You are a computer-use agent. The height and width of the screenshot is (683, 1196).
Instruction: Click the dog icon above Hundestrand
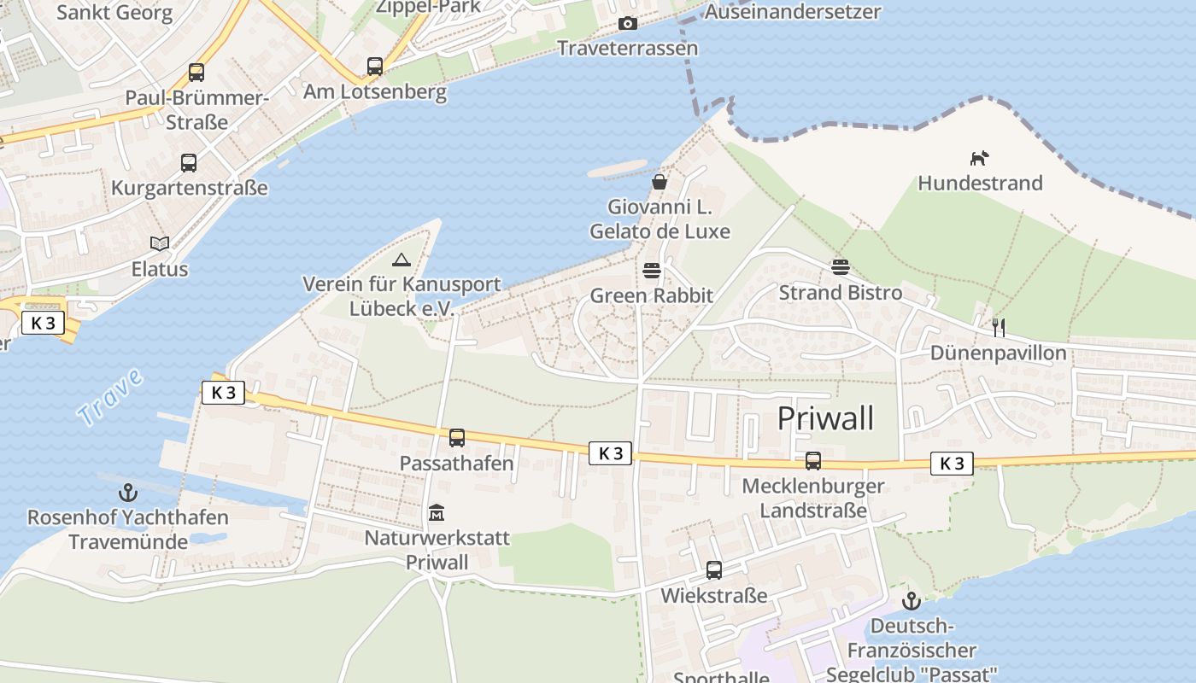click(x=979, y=158)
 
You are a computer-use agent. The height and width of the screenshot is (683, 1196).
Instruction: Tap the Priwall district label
click(x=825, y=418)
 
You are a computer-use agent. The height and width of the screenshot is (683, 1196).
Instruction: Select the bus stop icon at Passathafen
click(x=457, y=438)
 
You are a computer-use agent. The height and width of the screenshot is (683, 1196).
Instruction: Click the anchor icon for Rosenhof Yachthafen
click(x=127, y=493)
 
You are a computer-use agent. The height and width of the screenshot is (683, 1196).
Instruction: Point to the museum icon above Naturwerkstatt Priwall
click(x=437, y=513)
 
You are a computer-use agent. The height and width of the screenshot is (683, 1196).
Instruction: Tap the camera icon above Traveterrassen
click(x=628, y=23)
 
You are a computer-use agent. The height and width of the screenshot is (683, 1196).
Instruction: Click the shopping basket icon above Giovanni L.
click(x=659, y=182)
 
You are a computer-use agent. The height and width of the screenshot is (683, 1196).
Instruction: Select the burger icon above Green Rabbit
click(x=652, y=271)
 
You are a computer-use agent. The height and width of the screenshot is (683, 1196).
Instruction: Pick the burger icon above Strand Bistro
click(x=841, y=267)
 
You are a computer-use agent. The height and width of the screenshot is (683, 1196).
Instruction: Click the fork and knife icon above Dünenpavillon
click(x=998, y=327)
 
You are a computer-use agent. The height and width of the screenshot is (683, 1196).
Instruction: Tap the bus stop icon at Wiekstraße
click(x=713, y=570)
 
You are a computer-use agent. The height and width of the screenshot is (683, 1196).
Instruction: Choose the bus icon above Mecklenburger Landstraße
click(x=813, y=461)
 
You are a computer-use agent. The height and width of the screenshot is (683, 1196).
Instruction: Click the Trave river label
click(x=111, y=398)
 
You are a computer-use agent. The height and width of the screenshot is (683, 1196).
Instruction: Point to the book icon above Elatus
click(x=160, y=243)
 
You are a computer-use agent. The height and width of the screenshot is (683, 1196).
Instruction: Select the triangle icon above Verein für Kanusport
click(x=401, y=260)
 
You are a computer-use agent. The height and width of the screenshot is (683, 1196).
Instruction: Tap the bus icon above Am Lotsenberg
click(x=375, y=66)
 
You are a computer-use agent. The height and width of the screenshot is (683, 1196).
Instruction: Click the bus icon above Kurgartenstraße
click(x=189, y=162)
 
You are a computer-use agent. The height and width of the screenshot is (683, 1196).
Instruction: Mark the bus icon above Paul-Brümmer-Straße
click(x=196, y=73)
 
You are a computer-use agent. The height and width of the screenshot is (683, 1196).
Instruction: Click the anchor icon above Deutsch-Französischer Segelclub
click(x=912, y=601)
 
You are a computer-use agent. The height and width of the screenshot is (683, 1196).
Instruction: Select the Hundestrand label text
click(x=980, y=183)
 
